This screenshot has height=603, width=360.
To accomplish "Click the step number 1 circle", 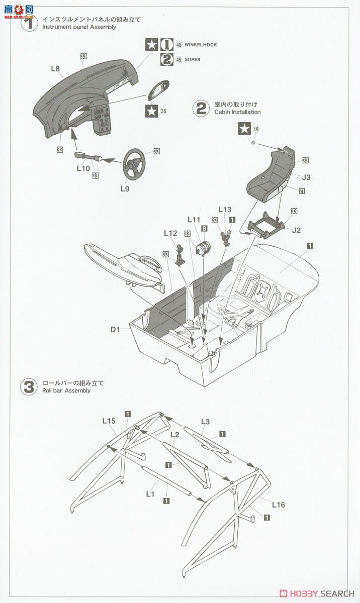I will coord(29,23).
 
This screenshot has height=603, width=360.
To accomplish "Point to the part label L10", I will coord(83,169).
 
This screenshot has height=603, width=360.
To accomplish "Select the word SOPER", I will coord(193,60).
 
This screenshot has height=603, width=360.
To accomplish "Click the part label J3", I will coord(307,177).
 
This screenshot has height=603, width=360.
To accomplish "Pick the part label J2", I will coord(296,230).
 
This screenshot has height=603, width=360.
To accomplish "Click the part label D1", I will coord(115,330).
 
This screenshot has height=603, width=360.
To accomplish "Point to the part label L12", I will coord(170,233).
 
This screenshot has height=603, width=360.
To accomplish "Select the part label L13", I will coord(225,209).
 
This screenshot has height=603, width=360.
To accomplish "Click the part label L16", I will coord(278,505).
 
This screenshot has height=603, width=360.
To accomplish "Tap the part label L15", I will coord(109,421).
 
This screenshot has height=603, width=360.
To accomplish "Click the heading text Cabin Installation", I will coord(237,112).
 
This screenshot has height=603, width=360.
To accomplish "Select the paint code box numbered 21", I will coord(302,191).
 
